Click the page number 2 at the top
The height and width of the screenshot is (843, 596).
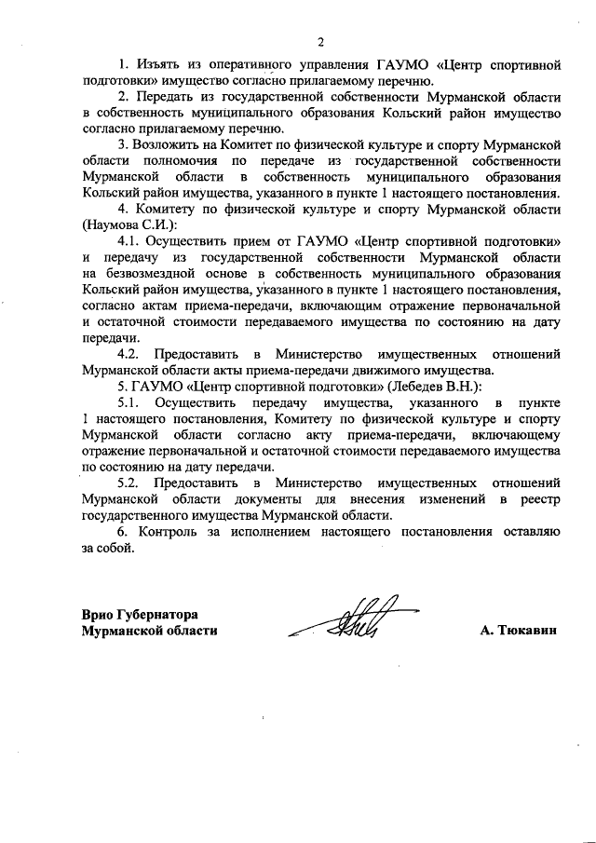point(320,42)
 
